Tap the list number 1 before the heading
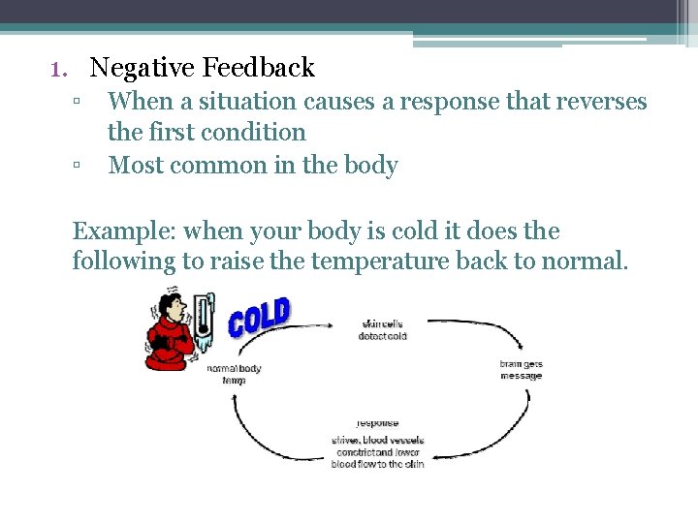57,69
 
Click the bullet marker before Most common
77,166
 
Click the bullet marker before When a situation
77,102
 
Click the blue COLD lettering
259,318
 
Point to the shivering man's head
172,308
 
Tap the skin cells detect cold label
383,330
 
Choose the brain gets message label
521,370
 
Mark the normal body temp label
234,374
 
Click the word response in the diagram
377,423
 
